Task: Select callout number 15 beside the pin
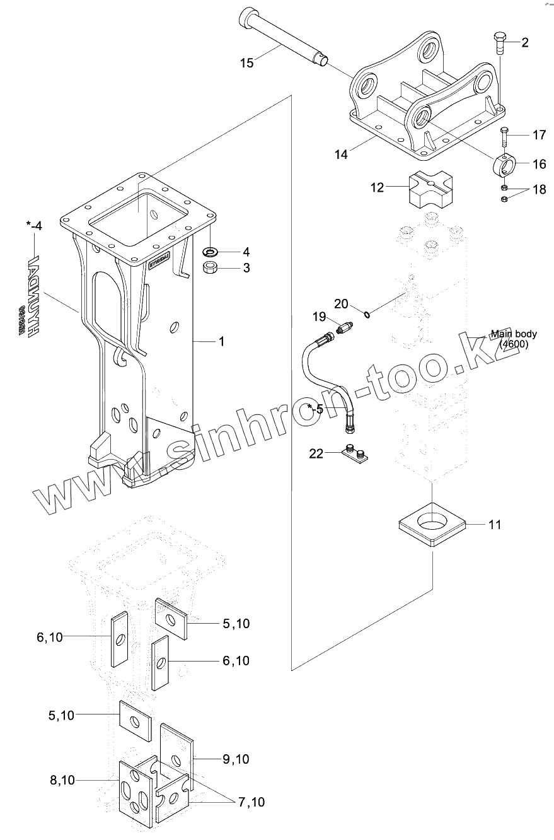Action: (246, 62)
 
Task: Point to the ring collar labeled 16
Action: (505, 165)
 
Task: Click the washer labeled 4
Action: (210, 252)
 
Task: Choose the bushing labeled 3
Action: (210, 267)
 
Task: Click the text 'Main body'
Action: (514, 334)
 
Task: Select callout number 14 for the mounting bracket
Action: (340, 155)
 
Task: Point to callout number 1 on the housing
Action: (221, 341)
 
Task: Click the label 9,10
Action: (236, 759)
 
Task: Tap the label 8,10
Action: (62, 780)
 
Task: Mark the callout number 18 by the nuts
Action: (540, 190)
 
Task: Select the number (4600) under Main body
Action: (514, 344)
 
